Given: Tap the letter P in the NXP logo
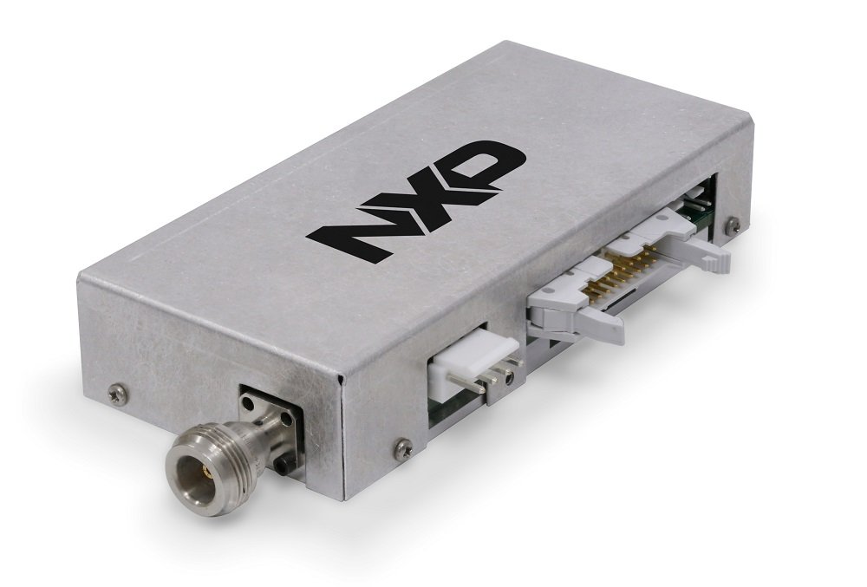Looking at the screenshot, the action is [x=482, y=165].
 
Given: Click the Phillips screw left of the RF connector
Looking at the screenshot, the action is [x=118, y=395].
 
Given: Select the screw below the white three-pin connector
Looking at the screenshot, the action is [x=403, y=447].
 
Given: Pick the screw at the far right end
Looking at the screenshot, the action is [x=733, y=224].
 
